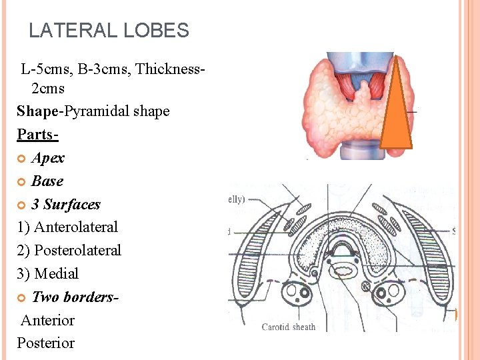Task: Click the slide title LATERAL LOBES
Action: click(x=109, y=31)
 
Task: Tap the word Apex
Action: click(x=48, y=158)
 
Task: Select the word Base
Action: click(x=47, y=181)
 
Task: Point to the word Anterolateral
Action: click(x=75, y=227)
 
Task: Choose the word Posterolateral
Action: click(x=77, y=251)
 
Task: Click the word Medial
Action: click(x=56, y=274)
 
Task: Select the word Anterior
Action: click(x=48, y=320)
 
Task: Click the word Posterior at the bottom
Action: click(x=46, y=343)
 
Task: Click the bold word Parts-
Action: click(x=38, y=135)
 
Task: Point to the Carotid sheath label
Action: click(x=289, y=327)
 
